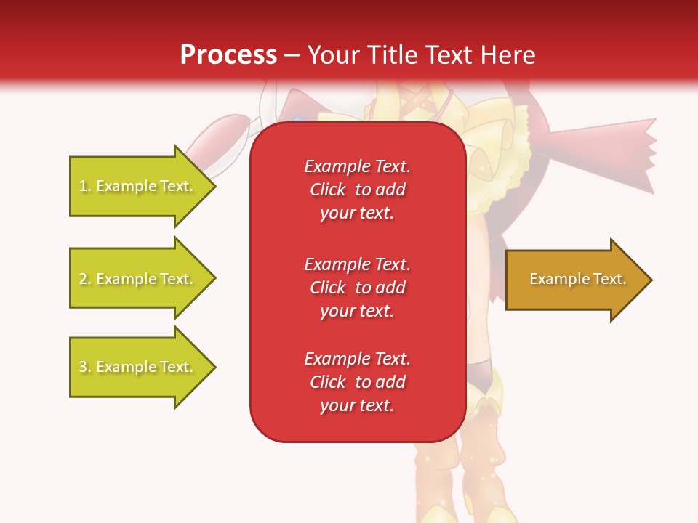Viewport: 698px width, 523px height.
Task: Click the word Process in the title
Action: (228, 55)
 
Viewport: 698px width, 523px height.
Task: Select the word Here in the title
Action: (506, 55)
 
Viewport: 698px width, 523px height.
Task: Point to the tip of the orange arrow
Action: (650, 280)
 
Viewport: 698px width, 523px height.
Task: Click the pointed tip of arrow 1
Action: (214, 186)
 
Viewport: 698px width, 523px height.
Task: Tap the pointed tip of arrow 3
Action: (214, 367)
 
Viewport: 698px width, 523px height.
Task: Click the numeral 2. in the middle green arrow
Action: (85, 279)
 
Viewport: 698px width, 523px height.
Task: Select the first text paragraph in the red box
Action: (357, 190)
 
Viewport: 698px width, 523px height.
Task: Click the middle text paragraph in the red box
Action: (357, 288)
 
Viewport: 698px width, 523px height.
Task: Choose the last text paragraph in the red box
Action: (357, 382)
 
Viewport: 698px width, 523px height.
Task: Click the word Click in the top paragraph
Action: (327, 190)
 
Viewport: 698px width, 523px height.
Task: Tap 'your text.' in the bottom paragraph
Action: (357, 405)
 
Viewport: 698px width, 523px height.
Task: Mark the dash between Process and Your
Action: (292, 55)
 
